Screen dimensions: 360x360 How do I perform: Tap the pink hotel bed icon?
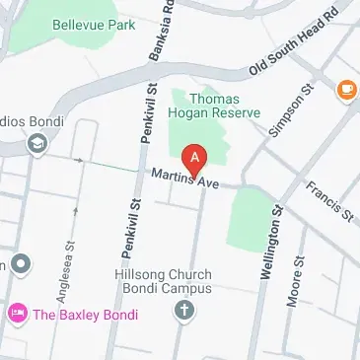coord(17,316)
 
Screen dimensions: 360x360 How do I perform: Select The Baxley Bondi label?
coord(86,316)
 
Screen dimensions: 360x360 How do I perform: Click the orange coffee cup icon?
coord(346,90)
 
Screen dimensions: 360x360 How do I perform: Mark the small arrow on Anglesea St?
coord(74,209)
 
